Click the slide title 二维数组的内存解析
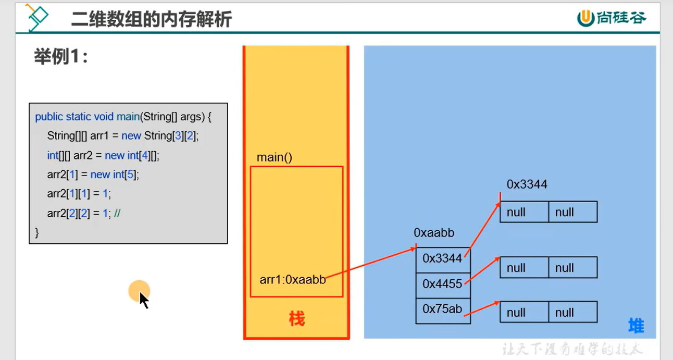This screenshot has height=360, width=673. [151, 19]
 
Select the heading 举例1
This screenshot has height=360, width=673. [61, 57]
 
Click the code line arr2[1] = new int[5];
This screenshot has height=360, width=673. [93, 175]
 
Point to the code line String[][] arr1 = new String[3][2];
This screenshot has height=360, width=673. [123, 136]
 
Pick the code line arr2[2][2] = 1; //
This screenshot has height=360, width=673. [84, 213]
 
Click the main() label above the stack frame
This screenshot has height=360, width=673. [275, 157]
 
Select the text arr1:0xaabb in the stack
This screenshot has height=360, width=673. [293, 280]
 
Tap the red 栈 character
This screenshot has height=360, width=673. [297, 319]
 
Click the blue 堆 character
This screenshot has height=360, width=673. [636, 326]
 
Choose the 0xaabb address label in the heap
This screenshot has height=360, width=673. [434, 233]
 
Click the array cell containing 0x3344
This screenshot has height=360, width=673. [442, 258]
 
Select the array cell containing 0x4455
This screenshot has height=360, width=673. [442, 284]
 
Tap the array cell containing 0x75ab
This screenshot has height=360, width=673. [442, 309]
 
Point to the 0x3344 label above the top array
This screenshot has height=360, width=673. [527, 184]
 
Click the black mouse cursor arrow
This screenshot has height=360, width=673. [144, 300]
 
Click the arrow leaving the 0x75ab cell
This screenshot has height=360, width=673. [482, 308]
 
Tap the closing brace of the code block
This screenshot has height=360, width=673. [37, 233]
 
